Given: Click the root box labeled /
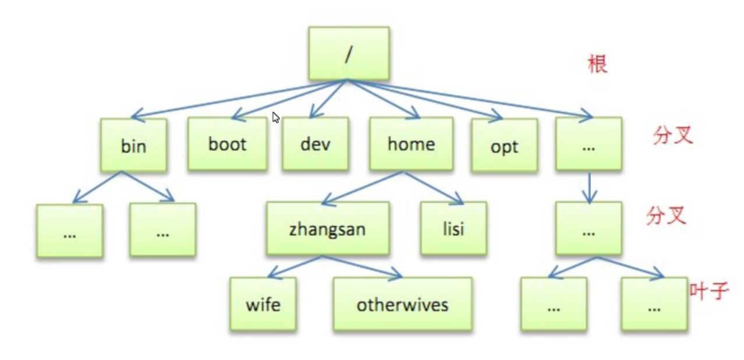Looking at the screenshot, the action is tap(348, 53).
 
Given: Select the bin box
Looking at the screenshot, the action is tap(133, 145).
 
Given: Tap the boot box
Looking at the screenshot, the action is tap(227, 144).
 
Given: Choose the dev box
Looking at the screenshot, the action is tap(315, 144).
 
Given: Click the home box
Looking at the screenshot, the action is tap(411, 144).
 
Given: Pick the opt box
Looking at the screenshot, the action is tap(504, 146).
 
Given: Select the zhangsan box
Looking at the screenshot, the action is tap(328, 228).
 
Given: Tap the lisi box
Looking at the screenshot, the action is tap(453, 228).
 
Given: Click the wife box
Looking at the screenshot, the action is tap(263, 304).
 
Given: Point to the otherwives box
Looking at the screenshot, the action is tap(402, 304).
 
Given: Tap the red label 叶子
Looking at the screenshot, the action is tap(709, 290).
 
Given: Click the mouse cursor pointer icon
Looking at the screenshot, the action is tap(275, 117).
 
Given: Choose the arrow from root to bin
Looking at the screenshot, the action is tap(233, 100).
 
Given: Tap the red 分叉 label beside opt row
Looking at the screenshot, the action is tap(672, 135).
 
